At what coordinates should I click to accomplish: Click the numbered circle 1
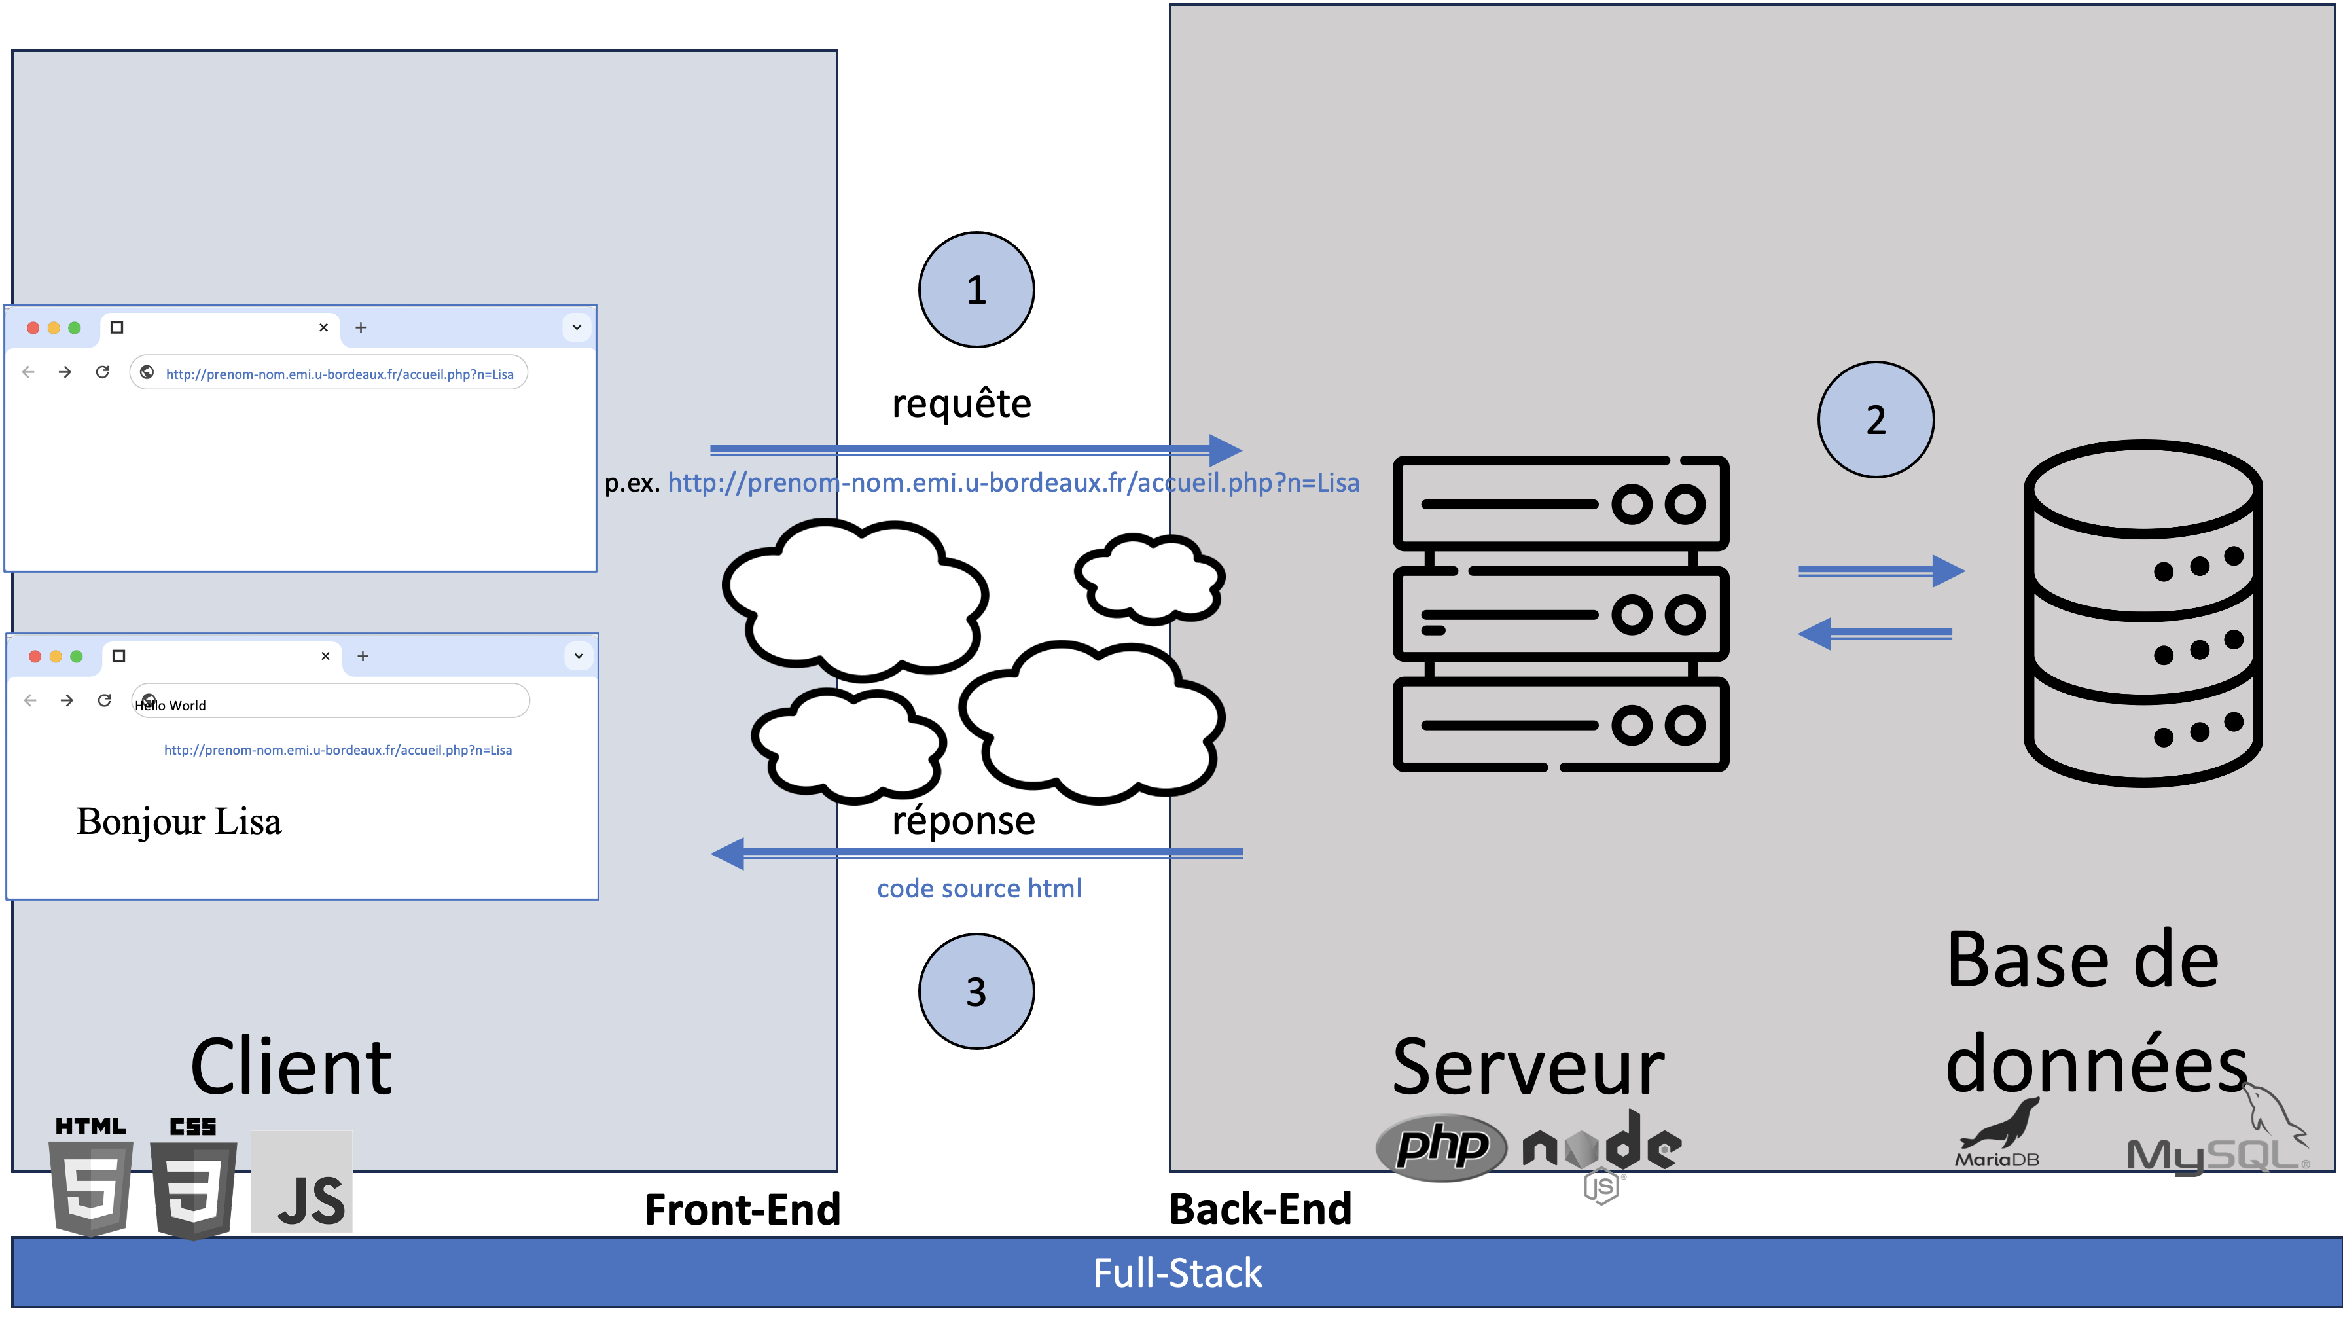click(976, 290)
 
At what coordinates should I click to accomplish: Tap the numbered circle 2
click(1876, 420)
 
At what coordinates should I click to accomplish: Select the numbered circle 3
click(976, 992)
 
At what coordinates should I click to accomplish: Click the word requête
click(961, 404)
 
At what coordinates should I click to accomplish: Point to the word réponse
click(963, 820)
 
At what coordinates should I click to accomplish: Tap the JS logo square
click(302, 1182)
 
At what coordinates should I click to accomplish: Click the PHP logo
click(1442, 1147)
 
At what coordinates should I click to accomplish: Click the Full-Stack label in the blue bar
click(1177, 1273)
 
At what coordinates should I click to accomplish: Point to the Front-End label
click(742, 1210)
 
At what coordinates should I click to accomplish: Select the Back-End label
click(1261, 1210)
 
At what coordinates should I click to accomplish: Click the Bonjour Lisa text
click(179, 821)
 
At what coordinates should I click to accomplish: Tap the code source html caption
click(978, 889)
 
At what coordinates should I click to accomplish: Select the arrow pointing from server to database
click(1881, 571)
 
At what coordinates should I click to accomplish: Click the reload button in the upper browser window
click(103, 372)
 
